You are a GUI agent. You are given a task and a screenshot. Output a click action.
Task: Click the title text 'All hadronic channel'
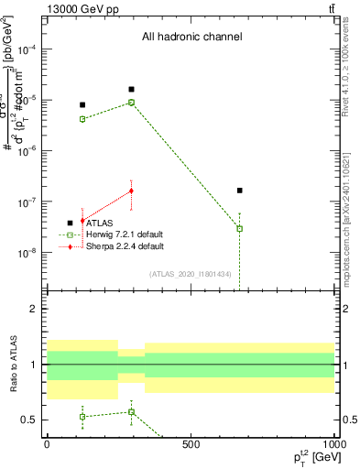(191, 37)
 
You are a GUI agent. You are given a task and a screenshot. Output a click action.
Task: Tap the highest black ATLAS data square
(132, 89)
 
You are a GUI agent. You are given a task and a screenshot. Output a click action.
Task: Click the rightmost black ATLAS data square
(239, 191)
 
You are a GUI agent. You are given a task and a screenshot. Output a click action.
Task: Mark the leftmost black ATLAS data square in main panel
(82, 105)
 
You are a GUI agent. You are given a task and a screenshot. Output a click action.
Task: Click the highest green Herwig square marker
(132, 103)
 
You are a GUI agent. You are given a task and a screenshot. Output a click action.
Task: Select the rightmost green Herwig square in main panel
(239, 228)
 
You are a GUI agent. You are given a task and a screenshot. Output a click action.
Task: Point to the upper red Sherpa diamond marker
(132, 191)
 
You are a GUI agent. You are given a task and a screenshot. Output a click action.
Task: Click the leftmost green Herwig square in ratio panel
(82, 417)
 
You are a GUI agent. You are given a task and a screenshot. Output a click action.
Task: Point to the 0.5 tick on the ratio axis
(29, 420)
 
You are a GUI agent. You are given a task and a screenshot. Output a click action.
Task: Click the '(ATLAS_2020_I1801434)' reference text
(191, 274)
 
